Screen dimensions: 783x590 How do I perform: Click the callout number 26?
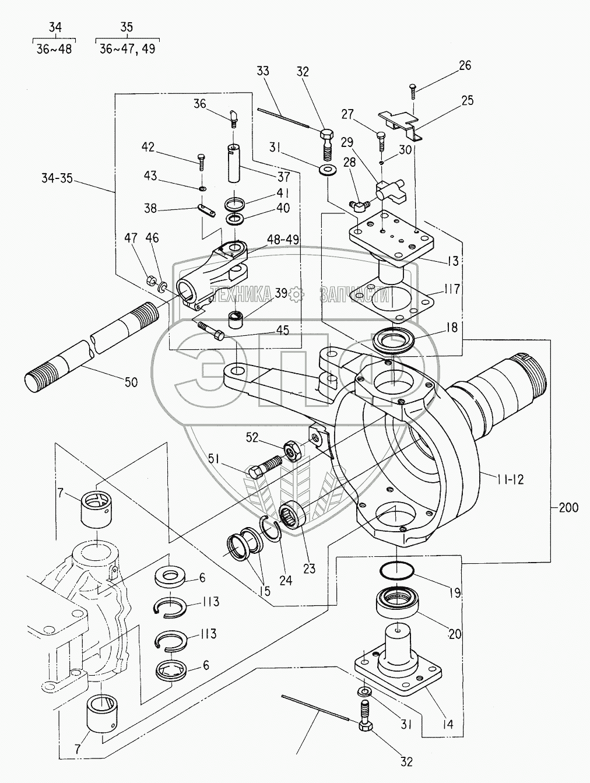(x=464, y=65)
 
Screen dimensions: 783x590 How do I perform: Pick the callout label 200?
(x=567, y=508)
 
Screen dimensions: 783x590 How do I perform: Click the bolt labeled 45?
(x=212, y=331)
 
